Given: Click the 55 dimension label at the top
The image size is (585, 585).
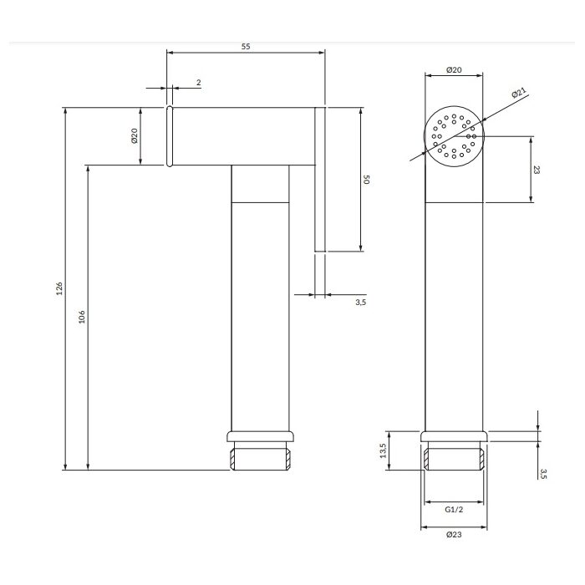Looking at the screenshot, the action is tap(246, 46).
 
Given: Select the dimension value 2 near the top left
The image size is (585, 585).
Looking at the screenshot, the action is tap(199, 83).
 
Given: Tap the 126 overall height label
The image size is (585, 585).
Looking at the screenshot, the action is tap(59, 289).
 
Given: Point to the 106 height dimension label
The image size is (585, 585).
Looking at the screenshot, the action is tap(82, 317).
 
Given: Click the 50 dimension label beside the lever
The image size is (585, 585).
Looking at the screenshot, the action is tap(366, 180).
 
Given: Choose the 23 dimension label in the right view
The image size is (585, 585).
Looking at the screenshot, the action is tap(537, 170).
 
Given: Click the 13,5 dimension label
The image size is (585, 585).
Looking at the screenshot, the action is tap(383, 450).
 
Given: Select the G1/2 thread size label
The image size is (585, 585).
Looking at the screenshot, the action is tap(454, 509).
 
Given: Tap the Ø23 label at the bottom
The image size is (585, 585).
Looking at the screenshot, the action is tap(454, 534).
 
